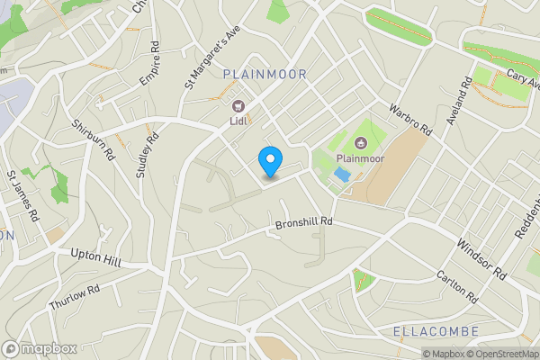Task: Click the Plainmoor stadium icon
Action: tap(360, 142)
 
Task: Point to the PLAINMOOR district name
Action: tap(265, 75)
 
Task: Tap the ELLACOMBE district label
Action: tap(436, 332)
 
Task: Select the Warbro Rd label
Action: tap(411, 121)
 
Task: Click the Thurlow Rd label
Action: tap(74, 298)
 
